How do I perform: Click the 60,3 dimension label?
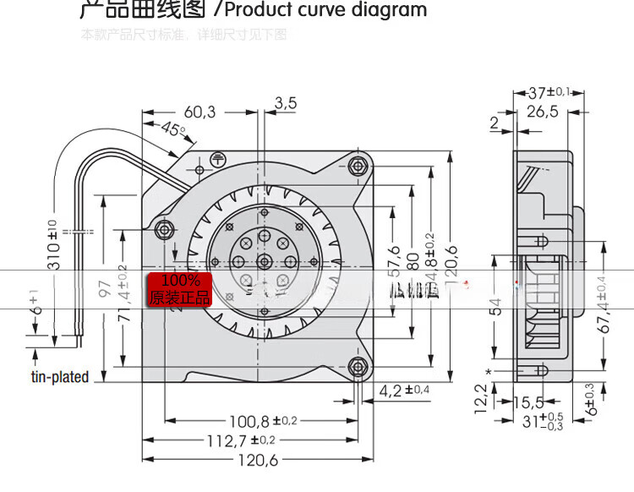click(x=199, y=112)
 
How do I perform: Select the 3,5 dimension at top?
click(x=286, y=103)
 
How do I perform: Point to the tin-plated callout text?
click(x=59, y=377)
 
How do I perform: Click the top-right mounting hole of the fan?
click(x=359, y=166)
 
